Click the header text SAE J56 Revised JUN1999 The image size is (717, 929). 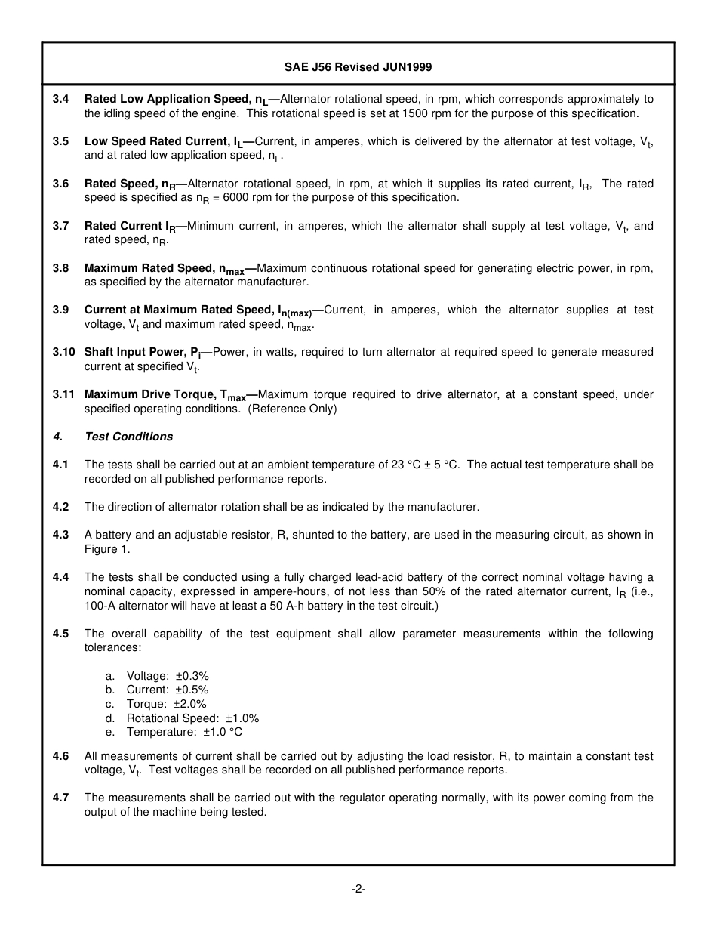click(358, 67)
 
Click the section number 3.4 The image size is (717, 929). click(60, 99)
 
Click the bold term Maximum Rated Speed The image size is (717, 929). click(149, 268)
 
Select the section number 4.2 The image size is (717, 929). click(60, 507)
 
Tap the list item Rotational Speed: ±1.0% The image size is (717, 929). click(192, 718)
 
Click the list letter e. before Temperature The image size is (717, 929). click(109, 732)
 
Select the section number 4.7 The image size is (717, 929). click(60, 798)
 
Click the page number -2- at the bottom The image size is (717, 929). click(358, 889)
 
